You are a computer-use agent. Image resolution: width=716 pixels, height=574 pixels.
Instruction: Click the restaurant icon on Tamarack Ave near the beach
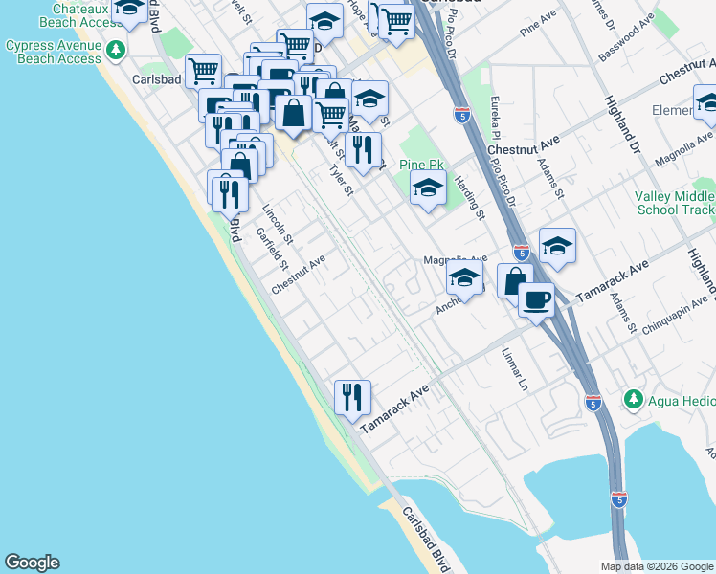point(352,396)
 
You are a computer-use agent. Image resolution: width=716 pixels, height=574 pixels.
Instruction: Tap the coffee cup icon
point(536,298)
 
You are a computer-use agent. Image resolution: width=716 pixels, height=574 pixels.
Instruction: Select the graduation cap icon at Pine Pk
point(428,188)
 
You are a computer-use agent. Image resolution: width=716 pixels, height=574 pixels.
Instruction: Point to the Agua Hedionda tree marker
point(632,397)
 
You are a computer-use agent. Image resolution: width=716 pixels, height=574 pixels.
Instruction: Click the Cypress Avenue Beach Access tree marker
point(117,48)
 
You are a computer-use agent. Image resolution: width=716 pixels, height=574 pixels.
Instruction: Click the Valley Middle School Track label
point(674,203)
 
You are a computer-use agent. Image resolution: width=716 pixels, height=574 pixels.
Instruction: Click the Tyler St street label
point(342,179)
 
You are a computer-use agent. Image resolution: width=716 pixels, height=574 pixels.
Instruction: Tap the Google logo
point(32,563)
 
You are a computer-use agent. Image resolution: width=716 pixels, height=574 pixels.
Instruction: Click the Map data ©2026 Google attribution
point(656,566)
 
